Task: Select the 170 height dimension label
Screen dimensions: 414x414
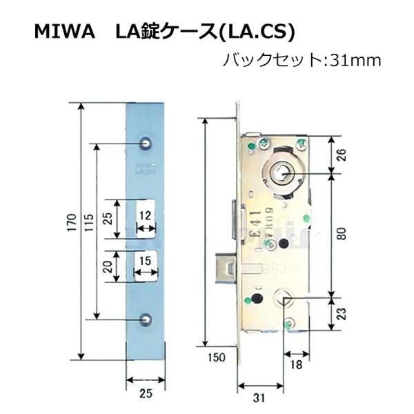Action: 70,231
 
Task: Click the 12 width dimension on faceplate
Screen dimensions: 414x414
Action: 145,215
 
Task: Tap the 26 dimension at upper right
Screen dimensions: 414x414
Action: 341,155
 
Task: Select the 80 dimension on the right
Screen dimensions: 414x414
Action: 341,235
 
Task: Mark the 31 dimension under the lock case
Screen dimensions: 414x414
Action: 259,397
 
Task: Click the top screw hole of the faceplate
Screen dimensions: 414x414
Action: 146,141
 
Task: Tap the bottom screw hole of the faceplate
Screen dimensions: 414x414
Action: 146,319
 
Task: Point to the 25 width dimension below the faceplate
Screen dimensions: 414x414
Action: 146,394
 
